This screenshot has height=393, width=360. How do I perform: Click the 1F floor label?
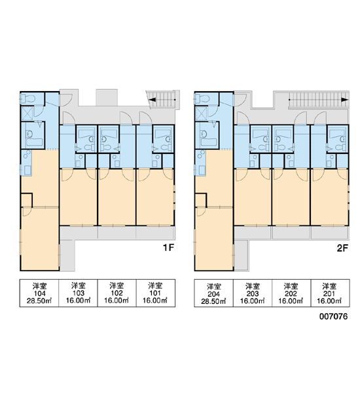point(168,248)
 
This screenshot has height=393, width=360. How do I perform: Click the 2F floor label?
point(342,248)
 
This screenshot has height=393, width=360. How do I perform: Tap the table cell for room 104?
point(39,293)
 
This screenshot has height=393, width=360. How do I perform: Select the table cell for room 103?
point(78,293)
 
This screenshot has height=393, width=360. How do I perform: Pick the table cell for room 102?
point(117,293)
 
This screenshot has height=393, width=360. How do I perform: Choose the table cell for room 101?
point(156,293)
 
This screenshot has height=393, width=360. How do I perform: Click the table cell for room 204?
point(213,293)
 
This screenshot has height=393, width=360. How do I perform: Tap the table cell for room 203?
point(253,293)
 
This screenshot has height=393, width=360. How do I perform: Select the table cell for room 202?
point(291,293)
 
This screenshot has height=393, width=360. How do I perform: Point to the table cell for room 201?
point(330,293)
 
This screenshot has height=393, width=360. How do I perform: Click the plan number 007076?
point(333,316)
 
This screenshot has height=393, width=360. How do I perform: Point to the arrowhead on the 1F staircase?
point(153,100)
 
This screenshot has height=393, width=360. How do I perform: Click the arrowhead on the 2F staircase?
point(345,100)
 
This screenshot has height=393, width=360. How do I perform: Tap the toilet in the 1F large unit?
point(27,99)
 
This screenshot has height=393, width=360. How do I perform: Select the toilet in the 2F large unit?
point(201,99)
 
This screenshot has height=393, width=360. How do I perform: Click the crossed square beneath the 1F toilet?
point(27,113)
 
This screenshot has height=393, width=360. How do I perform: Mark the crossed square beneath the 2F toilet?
point(202,113)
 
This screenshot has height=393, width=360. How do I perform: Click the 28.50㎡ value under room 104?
point(39,301)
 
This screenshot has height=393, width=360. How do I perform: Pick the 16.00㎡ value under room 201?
point(330,301)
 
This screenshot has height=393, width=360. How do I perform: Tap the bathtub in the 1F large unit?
point(34,142)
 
